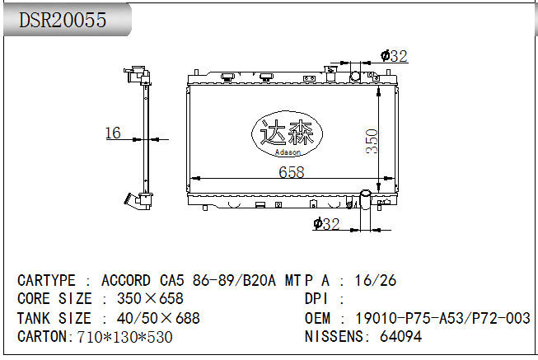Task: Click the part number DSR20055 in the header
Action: (63, 20)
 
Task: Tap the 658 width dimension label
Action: (292, 172)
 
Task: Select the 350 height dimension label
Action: (372, 141)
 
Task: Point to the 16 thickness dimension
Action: (113, 133)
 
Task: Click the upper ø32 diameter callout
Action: (394, 56)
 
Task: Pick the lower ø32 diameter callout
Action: (326, 224)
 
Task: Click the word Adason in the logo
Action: (288, 152)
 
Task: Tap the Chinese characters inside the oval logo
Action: (286, 133)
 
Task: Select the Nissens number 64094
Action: (400, 336)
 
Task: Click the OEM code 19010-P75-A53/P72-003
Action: (442, 318)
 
